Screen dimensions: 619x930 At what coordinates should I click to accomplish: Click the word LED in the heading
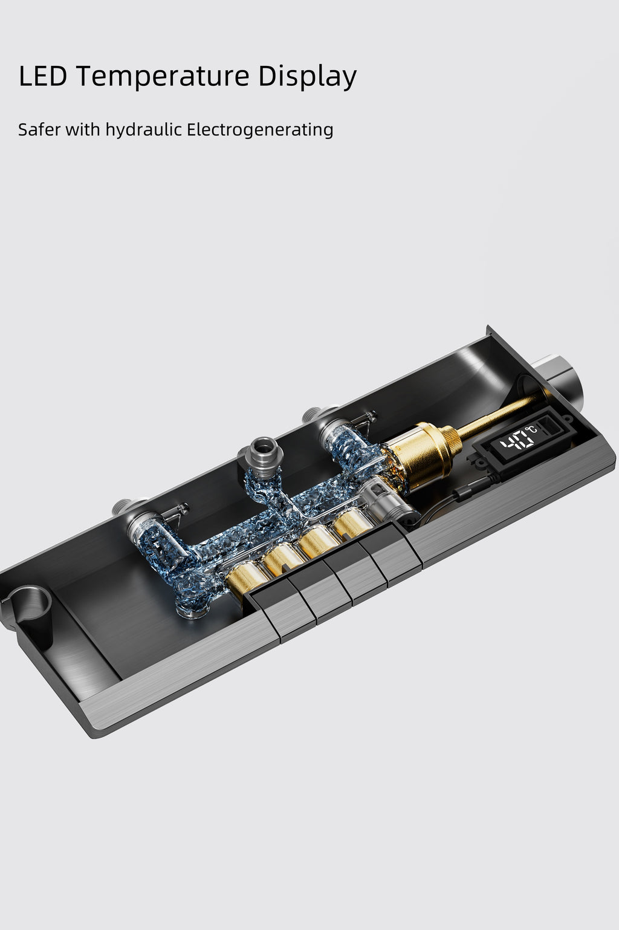click(43, 76)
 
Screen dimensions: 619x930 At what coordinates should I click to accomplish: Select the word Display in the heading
click(307, 77)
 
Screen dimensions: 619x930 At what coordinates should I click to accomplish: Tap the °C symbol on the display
click(531, 429)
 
